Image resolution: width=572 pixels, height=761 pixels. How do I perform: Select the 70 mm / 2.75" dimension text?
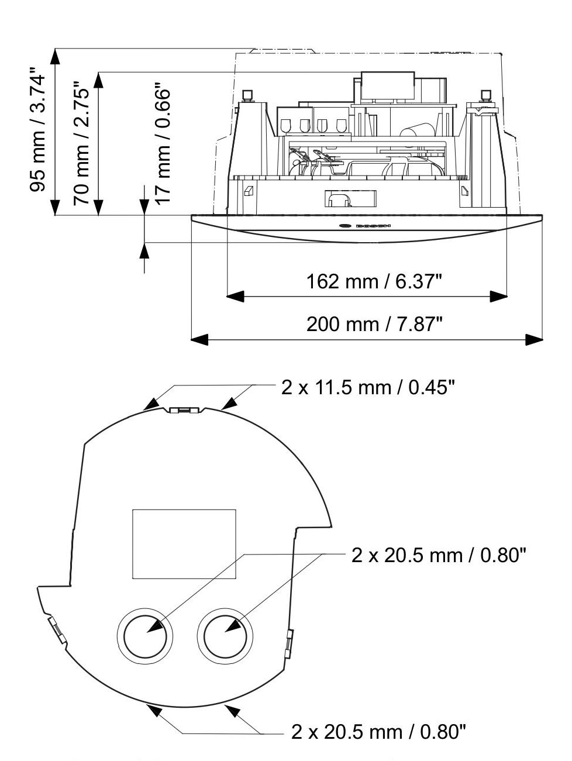[x=81, y=146]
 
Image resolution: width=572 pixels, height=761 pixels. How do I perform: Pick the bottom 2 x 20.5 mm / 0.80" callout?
[x=378, y=731]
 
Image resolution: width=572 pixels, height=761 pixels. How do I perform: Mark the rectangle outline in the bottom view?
[x=184, y=543]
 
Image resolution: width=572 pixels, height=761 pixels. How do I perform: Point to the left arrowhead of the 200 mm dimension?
[x=199, y=339]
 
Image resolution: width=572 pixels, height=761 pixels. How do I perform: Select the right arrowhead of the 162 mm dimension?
[x=499, y=297]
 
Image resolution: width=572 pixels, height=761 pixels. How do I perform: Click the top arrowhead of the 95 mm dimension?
[x=54, y=56]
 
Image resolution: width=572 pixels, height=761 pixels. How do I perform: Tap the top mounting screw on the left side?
[x=247, y=95]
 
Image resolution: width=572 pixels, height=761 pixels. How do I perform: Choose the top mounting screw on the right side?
[x=485, y=95]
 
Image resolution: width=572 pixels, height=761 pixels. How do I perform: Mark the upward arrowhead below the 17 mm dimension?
[x=144, y=250]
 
